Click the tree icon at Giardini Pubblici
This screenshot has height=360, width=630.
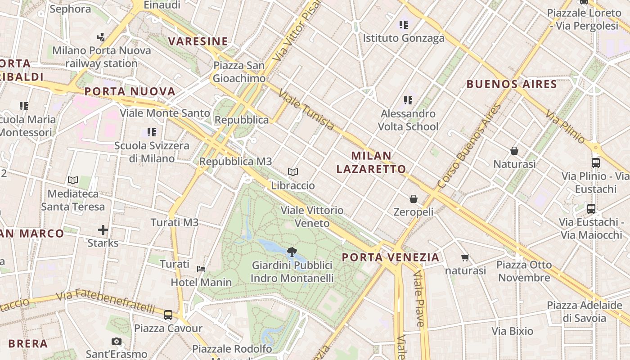[x=292, y=252]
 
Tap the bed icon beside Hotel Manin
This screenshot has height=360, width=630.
[x=201, y=269]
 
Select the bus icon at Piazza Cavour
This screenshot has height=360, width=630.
[x=168, y=315]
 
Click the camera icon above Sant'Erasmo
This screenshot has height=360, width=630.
[x=117, y=341]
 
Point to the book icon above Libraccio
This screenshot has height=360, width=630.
[x=293, y=172]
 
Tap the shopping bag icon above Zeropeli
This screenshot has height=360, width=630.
[x=413, y=198]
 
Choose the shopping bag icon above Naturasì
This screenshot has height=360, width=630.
[x=514, y=151]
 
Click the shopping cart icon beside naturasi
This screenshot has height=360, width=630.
[x=465, y=258]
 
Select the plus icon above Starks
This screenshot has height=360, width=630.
[x=103, y=230]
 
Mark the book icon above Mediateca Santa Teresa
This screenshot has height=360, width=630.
[x=73, y=180]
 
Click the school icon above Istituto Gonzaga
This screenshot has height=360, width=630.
[x=404, y=24]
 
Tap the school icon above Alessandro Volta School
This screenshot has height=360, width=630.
[x=408, y=100]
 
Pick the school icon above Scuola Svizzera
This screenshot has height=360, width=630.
[x=152, y=132]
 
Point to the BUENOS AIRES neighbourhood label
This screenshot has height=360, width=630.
[x=512, y=84]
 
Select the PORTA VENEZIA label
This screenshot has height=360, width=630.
[x=390, y=257]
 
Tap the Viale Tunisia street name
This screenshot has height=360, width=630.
[x=306, y=110]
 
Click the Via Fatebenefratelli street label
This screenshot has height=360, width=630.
[x=106, y=302]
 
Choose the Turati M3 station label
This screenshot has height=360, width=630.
[x=174, y=222]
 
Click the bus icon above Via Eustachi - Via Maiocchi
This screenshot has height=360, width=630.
[x=591, y=209]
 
